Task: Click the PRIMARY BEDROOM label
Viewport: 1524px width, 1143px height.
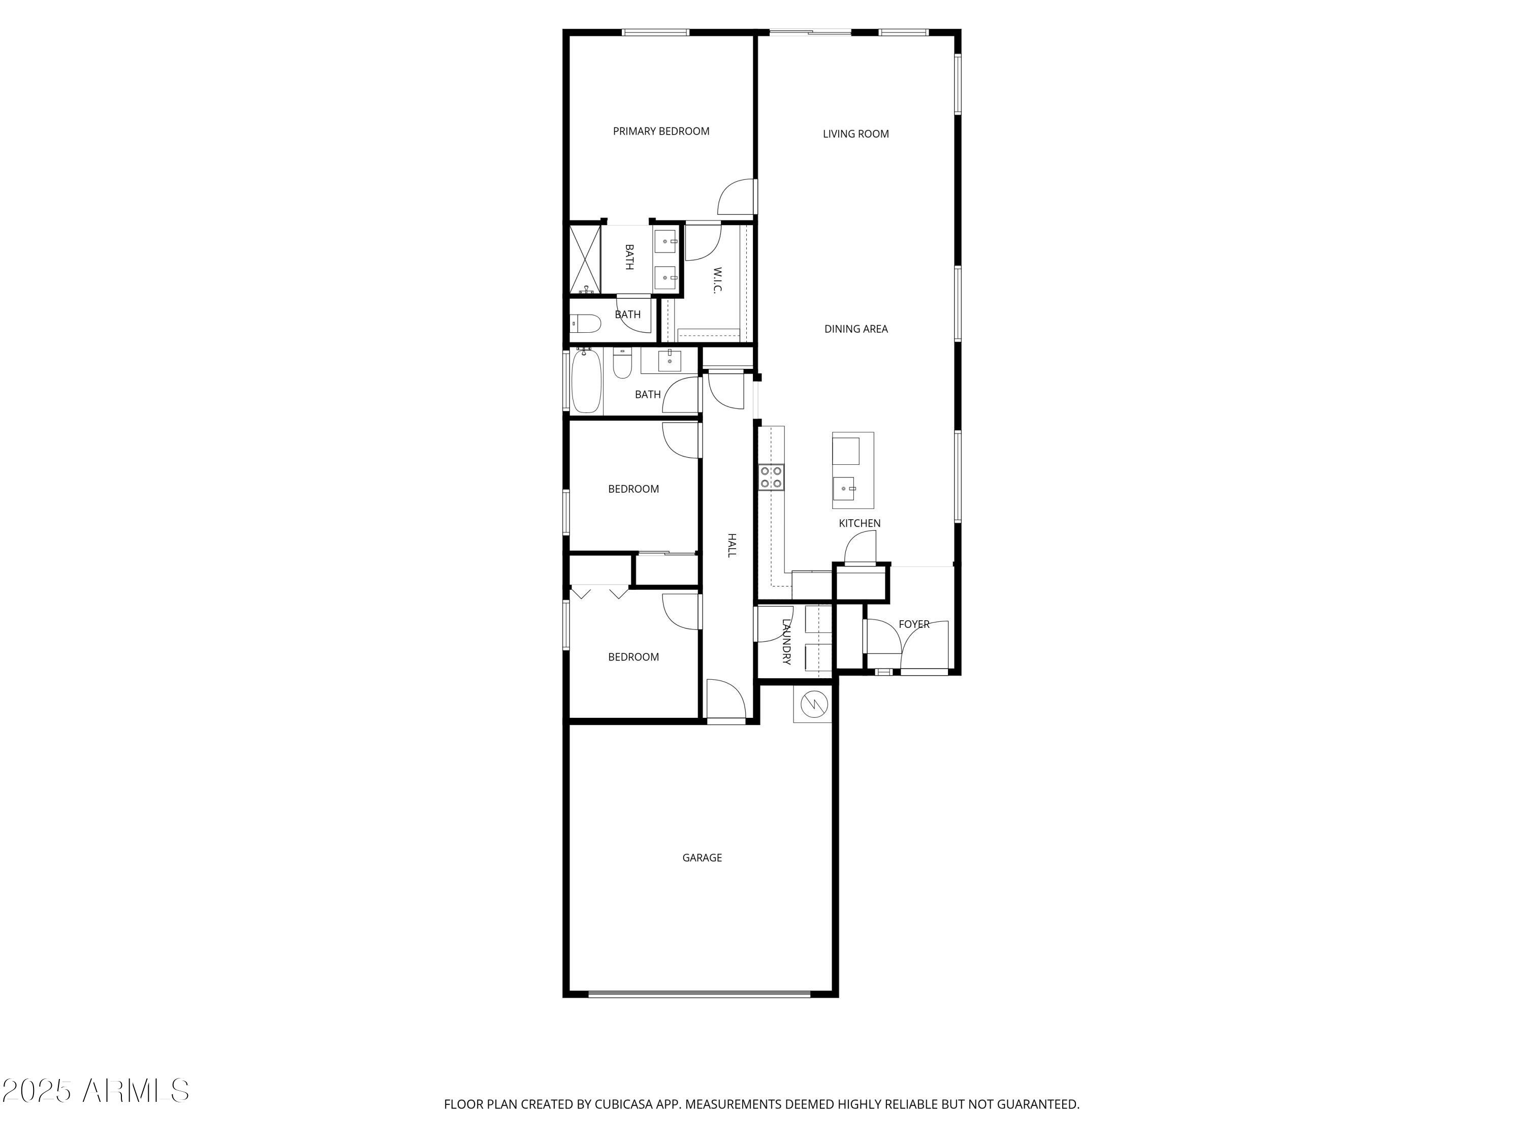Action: click(661, 131)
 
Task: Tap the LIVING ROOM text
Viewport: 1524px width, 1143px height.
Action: click(855, 134)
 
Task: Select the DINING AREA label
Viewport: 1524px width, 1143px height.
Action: click(855, 329)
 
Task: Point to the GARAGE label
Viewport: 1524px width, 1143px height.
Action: click(702, 857)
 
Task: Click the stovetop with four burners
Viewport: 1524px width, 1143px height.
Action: click(771, 477)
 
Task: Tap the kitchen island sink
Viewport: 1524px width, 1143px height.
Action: click(844, 489)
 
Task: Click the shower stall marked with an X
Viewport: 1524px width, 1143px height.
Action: click(585, 259)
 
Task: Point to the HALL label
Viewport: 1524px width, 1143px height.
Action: click(732, 545)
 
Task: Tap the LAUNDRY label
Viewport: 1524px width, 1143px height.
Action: click(786, 641)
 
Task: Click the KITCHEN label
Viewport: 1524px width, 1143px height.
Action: click(859, 523)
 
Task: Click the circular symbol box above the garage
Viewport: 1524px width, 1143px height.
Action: click(812, 704)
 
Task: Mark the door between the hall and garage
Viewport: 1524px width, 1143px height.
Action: click(726, 700)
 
